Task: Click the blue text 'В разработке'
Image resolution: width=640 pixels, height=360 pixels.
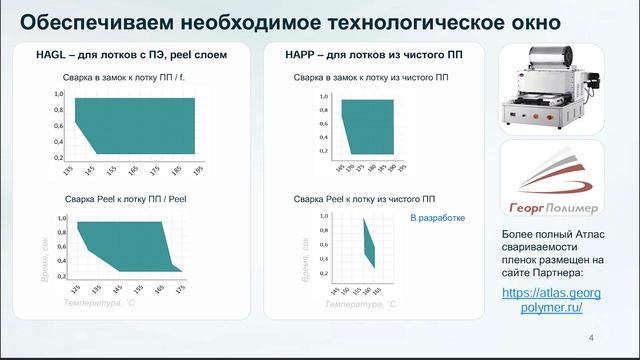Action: point(437,217)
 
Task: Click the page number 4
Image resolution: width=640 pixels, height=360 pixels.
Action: point(592,337)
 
